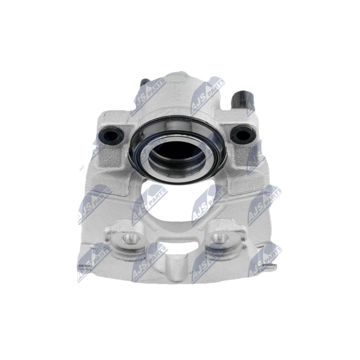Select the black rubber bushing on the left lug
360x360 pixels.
coord(111,135)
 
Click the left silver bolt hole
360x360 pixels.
coord(131,239)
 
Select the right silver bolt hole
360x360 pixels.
coord(220,238)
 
